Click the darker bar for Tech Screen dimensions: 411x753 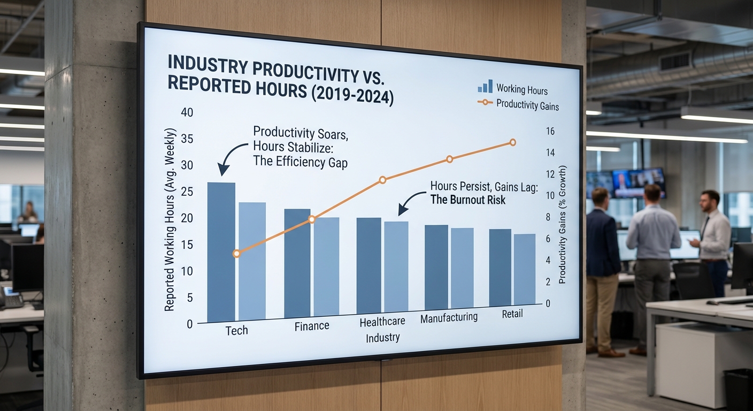point(221,252)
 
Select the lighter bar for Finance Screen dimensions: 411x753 point(326,266)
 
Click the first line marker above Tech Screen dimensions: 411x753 point(237,254)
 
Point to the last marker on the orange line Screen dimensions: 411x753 point(512,142)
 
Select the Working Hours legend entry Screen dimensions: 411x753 point(513,89)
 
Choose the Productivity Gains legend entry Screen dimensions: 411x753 point(519,104)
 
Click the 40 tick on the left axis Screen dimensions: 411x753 point(187,113)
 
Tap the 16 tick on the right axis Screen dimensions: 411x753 point(549,131)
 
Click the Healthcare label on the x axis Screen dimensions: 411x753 point(382,322)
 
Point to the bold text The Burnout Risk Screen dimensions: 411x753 point(467,200)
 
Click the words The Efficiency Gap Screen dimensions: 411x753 point(300,163)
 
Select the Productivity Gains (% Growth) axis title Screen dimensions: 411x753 point(563,225)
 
